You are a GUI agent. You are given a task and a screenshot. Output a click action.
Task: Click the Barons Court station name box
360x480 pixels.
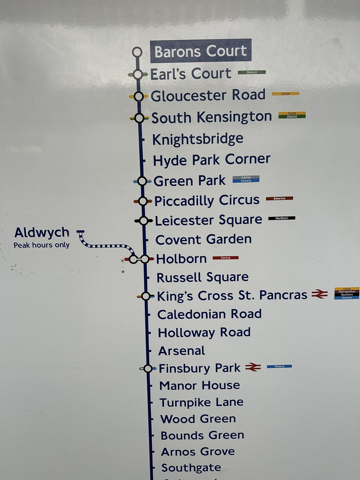201,51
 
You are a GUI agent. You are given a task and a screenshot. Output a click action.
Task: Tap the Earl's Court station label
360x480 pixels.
191,74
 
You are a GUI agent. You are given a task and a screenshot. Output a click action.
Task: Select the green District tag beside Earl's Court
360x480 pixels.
252,72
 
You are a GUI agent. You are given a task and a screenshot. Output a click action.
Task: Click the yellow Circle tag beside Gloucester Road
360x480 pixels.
286,94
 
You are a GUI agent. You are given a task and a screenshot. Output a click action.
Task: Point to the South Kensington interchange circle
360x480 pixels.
139,118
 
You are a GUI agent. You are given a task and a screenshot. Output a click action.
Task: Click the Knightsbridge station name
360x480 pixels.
198,139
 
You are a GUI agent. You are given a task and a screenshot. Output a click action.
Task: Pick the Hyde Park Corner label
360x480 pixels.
212,160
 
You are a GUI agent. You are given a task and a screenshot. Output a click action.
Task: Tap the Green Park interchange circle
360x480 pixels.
142,181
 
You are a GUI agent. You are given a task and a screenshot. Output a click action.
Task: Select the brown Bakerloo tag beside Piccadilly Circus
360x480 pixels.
279,198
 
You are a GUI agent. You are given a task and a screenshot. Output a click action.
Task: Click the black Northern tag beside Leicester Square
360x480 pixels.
282,218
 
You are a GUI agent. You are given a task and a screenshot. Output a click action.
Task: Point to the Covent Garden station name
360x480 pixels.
203,240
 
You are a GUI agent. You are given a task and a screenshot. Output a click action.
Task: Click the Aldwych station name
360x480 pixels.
42,233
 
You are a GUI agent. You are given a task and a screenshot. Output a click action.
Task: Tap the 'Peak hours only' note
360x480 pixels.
42,245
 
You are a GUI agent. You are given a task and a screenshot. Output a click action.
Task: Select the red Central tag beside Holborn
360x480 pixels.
226,258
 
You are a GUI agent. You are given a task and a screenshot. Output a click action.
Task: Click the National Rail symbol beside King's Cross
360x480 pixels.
320,294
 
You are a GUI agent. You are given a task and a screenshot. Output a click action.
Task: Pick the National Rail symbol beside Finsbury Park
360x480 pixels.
253,367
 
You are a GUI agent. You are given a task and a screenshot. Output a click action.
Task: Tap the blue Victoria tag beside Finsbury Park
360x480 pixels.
279,366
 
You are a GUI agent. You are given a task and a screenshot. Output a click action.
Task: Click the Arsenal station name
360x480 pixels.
182,351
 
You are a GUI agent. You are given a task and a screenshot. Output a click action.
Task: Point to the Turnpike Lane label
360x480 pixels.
201,402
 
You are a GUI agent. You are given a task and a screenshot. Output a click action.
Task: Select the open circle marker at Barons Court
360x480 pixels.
137,52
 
